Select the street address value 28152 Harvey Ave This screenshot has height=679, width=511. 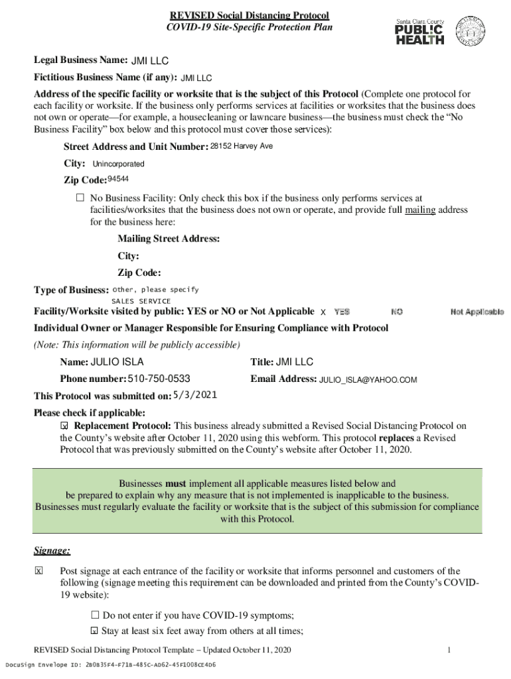[242, 146]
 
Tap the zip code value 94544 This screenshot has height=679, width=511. [118, 179]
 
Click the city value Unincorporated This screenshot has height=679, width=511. [118, 164]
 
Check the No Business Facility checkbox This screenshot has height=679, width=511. [80, 198]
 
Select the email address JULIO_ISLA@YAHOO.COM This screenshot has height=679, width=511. [368, 380]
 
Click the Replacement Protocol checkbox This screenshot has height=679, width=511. [65, 426]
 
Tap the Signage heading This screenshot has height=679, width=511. [52, 551]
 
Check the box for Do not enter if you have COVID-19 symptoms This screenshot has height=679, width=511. [94, 615]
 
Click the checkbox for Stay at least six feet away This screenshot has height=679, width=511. [94, 631]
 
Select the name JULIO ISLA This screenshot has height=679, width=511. [117, 362]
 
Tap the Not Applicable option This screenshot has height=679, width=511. [476, 312]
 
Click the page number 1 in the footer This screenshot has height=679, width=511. [449, 650]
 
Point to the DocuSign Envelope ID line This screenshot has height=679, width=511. [110, 664]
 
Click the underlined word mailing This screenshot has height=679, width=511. [420, 210]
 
